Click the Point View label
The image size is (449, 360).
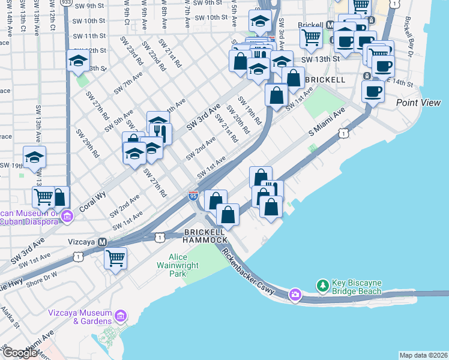click(418, 103)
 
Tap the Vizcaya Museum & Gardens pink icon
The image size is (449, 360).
click(120, 315)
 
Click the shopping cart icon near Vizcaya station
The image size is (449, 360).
click(116, 259)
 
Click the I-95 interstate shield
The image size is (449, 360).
click(193, 196)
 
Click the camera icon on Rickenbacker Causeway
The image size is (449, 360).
click(295, 294)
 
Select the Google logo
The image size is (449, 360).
click(20, 353)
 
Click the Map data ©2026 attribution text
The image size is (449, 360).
click(423, 355)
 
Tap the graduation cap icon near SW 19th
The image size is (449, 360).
click(35, 158)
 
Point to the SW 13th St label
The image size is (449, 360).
click(320, 59)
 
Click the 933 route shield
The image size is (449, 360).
click(67, 2)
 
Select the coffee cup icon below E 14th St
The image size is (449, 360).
click(372, 91)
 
